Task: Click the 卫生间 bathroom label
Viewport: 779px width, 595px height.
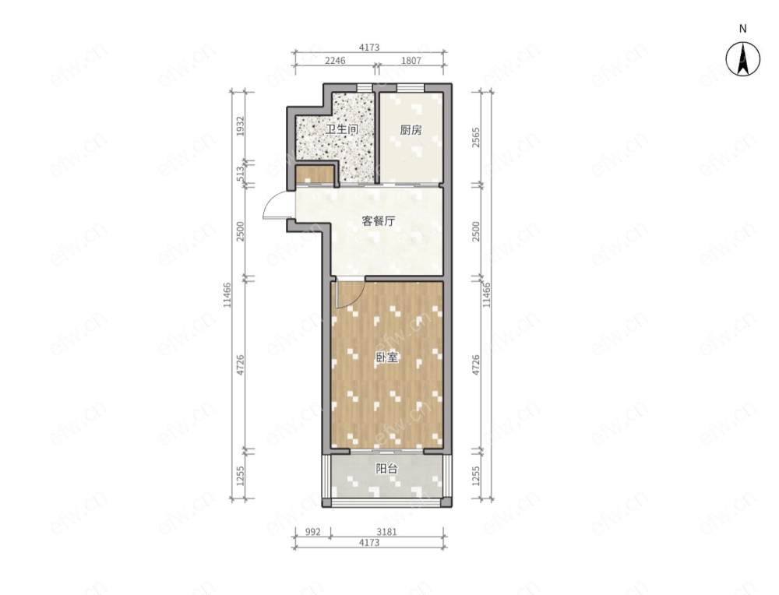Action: click(x=342, y=130)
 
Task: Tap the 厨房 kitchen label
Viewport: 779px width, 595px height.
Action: click(x=411, y=130)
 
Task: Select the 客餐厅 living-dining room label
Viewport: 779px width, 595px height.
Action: click(x=379, y=221)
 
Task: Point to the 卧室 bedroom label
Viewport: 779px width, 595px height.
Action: click(x=386, y=357)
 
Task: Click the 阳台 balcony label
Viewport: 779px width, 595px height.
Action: click(x=386, y=469)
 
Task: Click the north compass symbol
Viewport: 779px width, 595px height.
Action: click(x=742, y=58)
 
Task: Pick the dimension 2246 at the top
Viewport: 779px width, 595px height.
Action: click(x=335, y=61)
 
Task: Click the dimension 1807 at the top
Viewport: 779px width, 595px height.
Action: click(x=411, y=61)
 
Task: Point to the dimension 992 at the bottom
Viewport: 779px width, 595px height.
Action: click(x=312, y=532)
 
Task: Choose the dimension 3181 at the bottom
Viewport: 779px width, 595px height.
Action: click(x=386, y=532)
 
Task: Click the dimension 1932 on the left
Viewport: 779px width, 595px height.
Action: click(x=241, y=127)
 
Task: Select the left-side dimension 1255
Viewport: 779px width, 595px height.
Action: click(x=241, y=476)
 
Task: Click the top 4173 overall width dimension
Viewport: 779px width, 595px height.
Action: click(x=369, y=48)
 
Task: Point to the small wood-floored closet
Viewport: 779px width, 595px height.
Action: click(x=315, y=175)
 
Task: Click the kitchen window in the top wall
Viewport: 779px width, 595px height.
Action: click(x=411, y=88)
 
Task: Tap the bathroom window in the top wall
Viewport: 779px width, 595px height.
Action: click(x=365, y=88)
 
